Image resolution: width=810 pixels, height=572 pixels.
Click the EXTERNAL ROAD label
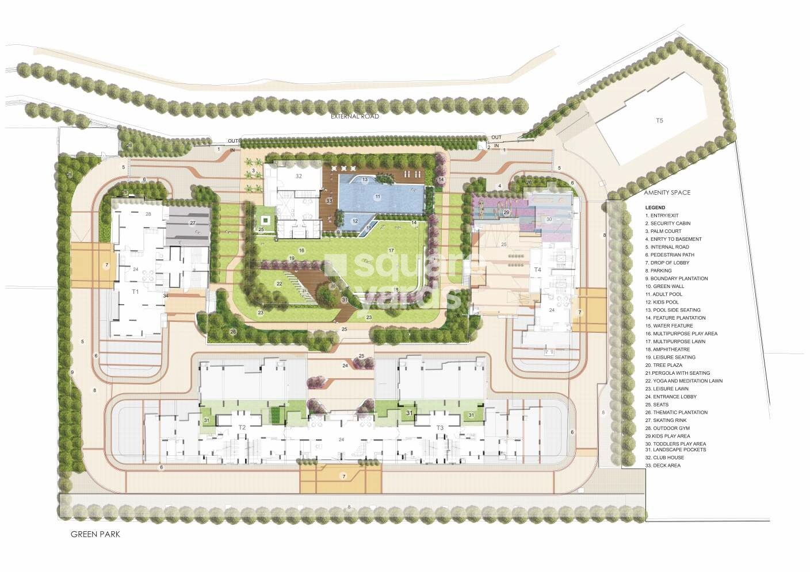coord(354,117)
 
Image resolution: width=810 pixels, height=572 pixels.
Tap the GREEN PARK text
coord(95,534)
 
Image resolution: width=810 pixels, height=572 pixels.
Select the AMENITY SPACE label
coord(667,193)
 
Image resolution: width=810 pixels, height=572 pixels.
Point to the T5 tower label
coord(659,121)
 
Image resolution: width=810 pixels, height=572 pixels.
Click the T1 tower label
coord(135,291)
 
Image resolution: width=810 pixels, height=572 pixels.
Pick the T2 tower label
coord(242,428)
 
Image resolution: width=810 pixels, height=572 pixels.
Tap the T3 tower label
coord(440,428)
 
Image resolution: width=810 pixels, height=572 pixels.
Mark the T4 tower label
coord(537,270)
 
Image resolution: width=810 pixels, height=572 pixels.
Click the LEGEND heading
coord(655,208)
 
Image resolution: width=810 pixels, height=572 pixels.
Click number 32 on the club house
coord(299,176)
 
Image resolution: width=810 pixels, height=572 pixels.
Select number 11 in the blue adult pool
coord(377,197)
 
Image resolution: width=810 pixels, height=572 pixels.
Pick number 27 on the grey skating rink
coord(193,223)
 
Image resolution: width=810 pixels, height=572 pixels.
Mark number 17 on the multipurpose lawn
coord(391,251)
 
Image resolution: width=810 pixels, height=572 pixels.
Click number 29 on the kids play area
coord(506,213)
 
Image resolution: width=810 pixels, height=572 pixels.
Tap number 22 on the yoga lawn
coord(279,284)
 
